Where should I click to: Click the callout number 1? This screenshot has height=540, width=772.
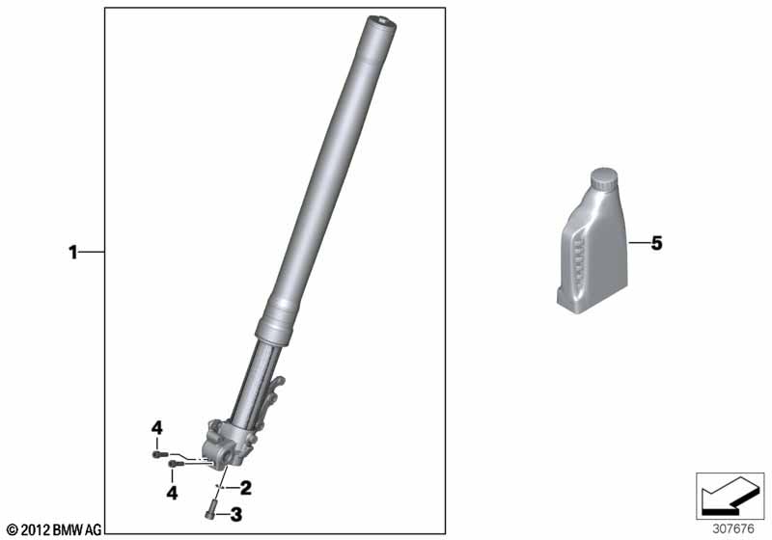coord(73,253)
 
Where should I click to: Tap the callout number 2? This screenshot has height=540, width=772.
coord(245,488)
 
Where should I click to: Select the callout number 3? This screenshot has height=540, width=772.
coord(236,515)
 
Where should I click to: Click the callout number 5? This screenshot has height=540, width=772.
coord(657,243)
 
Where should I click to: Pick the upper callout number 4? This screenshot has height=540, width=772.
coord(156,428)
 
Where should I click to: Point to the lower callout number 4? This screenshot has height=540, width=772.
coord(172,493)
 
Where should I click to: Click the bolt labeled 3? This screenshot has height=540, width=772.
coord(209,509)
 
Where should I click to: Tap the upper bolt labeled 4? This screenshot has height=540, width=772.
coord(159,454)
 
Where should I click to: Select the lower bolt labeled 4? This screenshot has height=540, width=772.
coord(176,463)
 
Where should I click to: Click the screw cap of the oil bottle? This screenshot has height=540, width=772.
coord(604,178)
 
